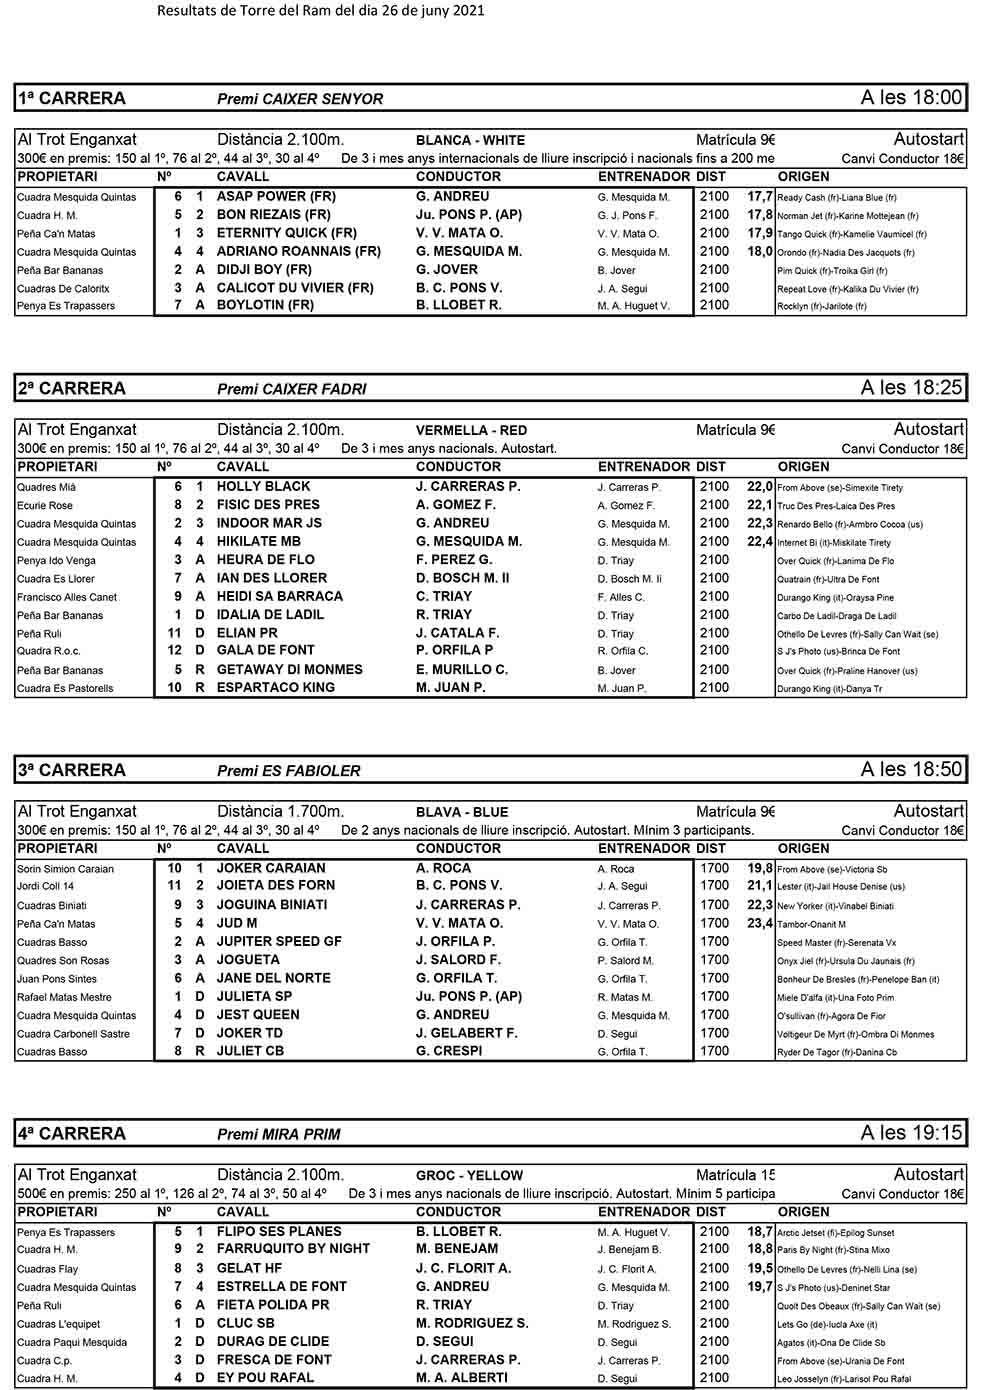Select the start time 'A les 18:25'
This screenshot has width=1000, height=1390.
coord(911,388)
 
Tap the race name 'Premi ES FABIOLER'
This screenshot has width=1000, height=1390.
coord(288,771)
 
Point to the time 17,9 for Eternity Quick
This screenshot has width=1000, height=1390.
coord(760,233)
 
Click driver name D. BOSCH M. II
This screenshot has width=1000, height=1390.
coord(462,578)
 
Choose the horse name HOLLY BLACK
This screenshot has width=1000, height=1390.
coord(263,487)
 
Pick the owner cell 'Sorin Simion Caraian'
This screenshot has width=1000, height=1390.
coord(65,869)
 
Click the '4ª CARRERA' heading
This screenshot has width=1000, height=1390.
coord(71,1133)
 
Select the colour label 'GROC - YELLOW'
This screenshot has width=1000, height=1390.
coord(469,1176)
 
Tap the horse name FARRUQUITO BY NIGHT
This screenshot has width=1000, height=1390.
coord(293,1249)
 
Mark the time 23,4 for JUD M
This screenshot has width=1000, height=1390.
coord(760,923)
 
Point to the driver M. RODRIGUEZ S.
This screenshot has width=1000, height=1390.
coord(472,1323)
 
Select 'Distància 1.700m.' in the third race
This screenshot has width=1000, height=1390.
coord(280,812)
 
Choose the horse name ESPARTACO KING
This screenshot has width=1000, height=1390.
coord(276,688)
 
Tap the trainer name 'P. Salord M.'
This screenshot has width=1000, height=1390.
coord(625,961)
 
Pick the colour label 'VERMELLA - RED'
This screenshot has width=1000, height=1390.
coord(471,431)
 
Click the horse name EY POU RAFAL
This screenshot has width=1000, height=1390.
coord(265,1378)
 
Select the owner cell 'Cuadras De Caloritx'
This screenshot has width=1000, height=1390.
coord(63,289)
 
